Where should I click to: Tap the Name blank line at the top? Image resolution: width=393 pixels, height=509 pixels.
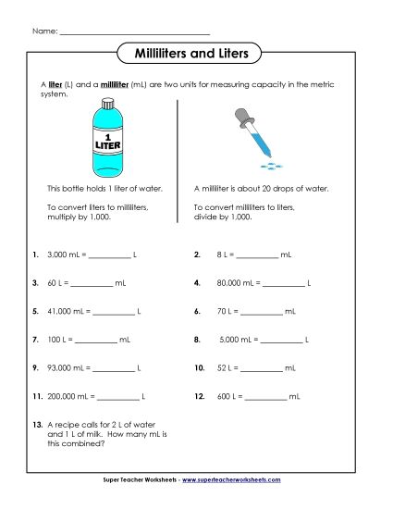point(134,32)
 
